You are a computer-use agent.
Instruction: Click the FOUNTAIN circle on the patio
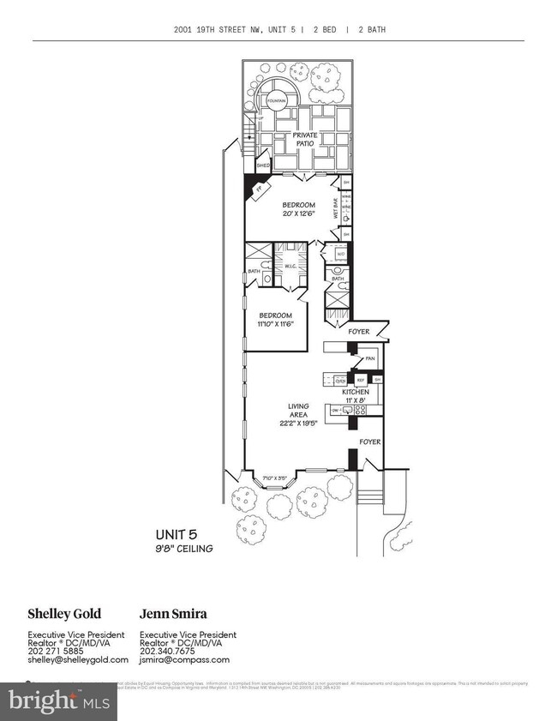click(x=277, y=100)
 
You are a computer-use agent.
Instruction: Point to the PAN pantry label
click(x=370, y=358)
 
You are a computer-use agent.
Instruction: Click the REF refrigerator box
click(x=361, y=379)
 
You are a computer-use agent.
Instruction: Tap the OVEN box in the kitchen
click(x=339, y=381)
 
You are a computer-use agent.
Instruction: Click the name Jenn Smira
click(x=172, y=613)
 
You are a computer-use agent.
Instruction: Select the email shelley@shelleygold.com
click(x=78, y=659)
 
